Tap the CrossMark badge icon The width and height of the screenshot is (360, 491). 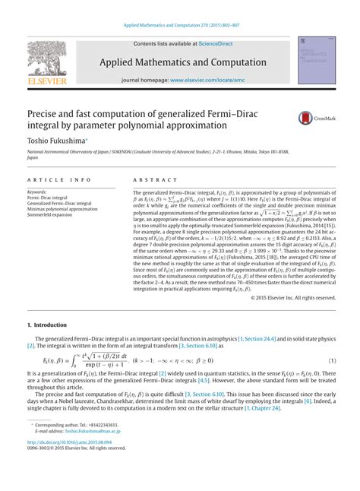pos(306,118)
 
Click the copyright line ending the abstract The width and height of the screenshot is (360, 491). pos(292,298)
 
